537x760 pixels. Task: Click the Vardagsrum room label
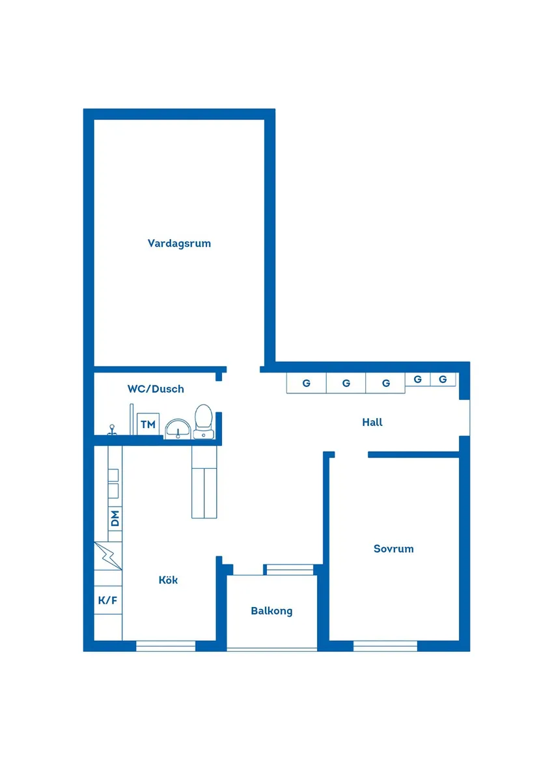coord(179,244)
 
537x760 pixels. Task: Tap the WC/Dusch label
coord(156,389)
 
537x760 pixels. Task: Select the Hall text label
coord(372,422)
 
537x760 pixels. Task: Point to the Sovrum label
coord(393,548)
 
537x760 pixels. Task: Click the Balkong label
coord(271,611)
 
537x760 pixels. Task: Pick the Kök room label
coord(168,580)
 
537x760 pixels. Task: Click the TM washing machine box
coord(148,425)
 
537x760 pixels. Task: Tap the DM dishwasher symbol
coord(115,518)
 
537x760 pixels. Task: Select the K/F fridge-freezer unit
coord(108,600)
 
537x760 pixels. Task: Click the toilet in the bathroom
coord(204,421)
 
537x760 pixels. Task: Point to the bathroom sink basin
coord(177,429)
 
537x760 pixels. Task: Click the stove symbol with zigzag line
coord(108,556)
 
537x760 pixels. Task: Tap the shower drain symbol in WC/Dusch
coord(112,430)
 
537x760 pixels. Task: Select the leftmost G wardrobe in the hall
coord(307,383)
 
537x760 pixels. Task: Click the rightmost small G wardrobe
coord(443,379)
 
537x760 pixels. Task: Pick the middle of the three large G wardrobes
coord(346,383)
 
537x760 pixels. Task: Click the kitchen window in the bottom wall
coord(165,645)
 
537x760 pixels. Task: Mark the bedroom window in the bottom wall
coord(385,645)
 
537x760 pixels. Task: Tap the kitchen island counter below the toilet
coord(204,482)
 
